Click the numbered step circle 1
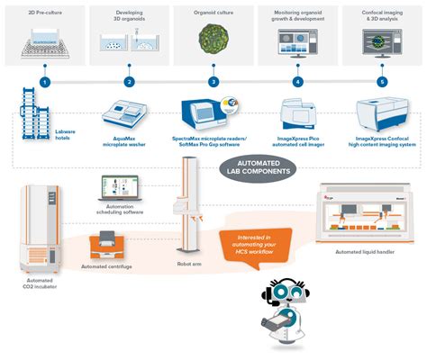(x=45, y=82)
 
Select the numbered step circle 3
(x=213, y=82)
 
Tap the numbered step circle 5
(x=381, y=82)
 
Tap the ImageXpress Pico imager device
(x=298, y=115)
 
